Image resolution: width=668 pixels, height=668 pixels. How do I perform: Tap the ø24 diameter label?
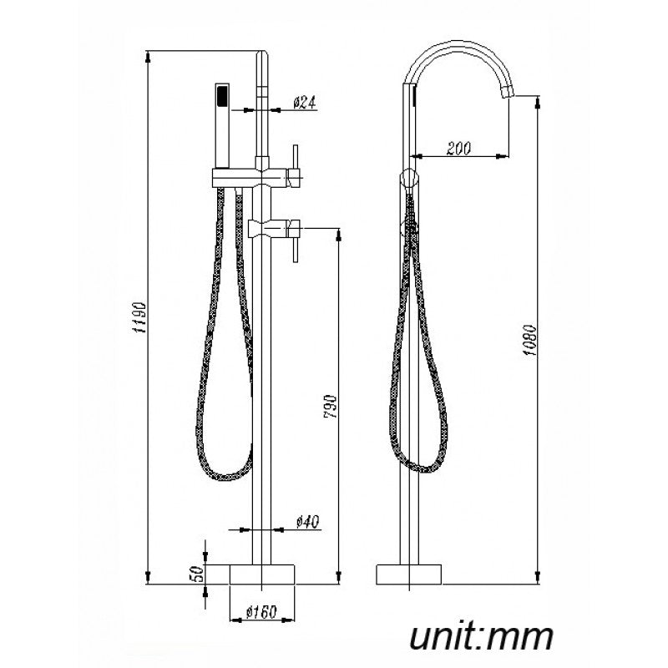304,103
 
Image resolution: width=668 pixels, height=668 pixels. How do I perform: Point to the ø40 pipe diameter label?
307,523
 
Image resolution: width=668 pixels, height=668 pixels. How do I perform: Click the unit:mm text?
481,636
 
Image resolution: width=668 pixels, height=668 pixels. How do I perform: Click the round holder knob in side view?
408,177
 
